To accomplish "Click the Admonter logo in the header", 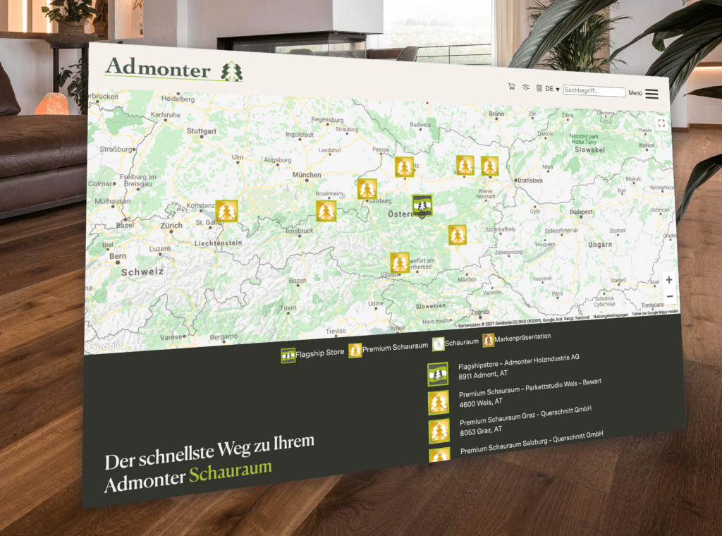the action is (x=173, y=71).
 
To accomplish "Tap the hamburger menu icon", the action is (x=651, y=93).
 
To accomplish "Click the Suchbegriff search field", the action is (x=594, y=91).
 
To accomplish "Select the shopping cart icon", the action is (x=511, y=87).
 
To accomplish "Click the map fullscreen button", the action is (x=661, y=123).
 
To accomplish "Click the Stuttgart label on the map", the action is (x=202, y=131).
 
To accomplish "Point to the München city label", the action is (x=307, y=175).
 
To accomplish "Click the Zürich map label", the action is (x=171, y=226).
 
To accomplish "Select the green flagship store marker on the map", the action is (x=422, y=205).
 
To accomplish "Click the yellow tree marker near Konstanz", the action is (x=226, y=211).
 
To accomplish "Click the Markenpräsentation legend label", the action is (x=522, y=338).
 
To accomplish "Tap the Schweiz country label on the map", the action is (x=142, y=272).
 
